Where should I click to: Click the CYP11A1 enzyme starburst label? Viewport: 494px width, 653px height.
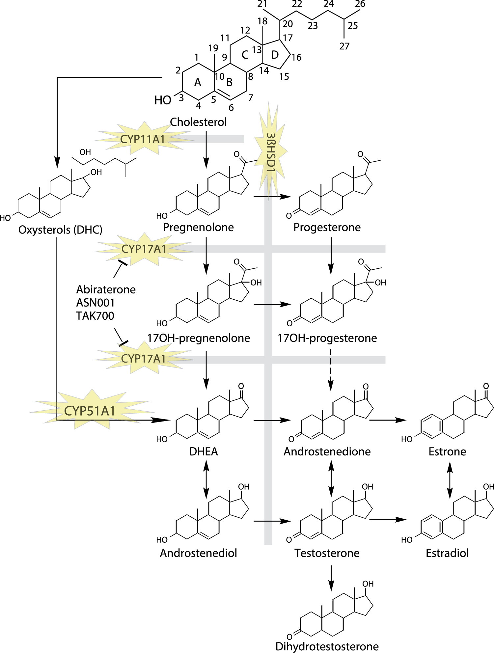point(142,139)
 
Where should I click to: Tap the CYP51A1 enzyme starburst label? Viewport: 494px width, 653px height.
point(90,411)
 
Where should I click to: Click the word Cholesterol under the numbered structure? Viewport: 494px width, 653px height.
point(198,122)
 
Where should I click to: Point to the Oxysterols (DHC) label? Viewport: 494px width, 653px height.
point(60,230)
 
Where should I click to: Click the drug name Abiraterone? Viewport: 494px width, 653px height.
point(106,289)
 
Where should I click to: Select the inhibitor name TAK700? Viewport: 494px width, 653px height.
point(95,316)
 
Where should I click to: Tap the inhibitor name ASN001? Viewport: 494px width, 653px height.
point(95,303)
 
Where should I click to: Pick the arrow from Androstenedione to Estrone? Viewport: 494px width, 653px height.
point(388,420)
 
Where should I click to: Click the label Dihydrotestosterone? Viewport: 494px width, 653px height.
point(327,646)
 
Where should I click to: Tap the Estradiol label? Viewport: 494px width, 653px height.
point(447,553)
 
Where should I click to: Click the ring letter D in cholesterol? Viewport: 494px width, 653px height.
point(275,55)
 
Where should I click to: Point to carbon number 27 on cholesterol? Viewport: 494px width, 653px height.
point(344,46)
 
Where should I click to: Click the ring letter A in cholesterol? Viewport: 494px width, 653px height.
point(198,82)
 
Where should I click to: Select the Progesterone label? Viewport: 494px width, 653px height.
point(327,227)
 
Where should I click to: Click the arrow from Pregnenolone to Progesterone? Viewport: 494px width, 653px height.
point(272,197)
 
